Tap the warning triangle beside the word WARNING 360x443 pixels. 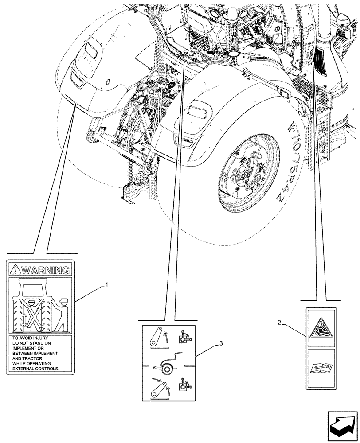[x=16, y=269]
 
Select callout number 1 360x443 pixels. [x=106, y=284]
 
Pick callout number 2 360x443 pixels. [x=279, y=323]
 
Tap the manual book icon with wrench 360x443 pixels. [x=321, y=368]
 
